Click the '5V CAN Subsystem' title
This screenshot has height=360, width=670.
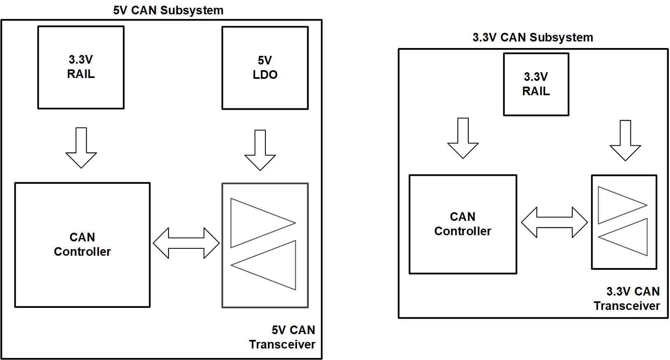coord(168,10)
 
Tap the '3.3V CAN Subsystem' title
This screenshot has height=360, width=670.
coord(533,37)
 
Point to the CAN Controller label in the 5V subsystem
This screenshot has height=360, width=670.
coord(82,244)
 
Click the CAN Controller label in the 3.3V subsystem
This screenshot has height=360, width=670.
coord(463,224)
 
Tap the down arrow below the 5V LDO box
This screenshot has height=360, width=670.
coord(260,150)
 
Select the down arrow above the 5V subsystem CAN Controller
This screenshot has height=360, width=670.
coord(81,148)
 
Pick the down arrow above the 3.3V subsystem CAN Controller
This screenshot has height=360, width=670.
coord(463,138)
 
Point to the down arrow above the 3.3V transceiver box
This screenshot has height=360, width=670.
coord(625,140)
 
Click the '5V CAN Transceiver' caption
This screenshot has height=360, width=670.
coord(282,337)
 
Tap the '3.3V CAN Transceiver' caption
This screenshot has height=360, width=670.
coord(626,298)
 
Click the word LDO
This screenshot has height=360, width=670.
coord(265,75)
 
